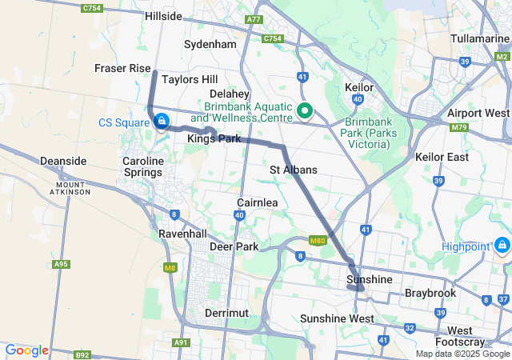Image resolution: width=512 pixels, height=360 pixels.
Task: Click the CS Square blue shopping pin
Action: (x=162, y=121)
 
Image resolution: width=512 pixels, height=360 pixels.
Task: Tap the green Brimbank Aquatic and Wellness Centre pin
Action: (x=305, y=111)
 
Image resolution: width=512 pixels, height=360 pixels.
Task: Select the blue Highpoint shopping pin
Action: (x=502, y=244)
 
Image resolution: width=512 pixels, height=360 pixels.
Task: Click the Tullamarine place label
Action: (x=474, y=38)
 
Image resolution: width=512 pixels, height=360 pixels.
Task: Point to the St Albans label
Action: (x=293, y=170)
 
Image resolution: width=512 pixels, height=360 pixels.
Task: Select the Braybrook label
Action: (x=430, y=293)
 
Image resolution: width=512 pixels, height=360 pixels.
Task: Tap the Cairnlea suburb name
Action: (x=257, y=202)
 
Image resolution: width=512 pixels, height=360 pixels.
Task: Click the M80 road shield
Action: (x=318, y=241)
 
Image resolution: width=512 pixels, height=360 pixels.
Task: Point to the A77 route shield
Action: (x=254, y=18)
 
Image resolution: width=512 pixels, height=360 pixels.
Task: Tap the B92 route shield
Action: (x=82, y=354)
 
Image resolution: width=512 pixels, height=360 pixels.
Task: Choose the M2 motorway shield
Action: (x=501, y=57)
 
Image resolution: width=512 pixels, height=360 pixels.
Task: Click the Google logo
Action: (x=26, y=350)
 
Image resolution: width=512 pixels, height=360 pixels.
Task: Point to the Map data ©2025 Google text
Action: (x=462, y=354)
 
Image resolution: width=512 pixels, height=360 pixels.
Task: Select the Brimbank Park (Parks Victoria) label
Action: (x=366, y=133)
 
